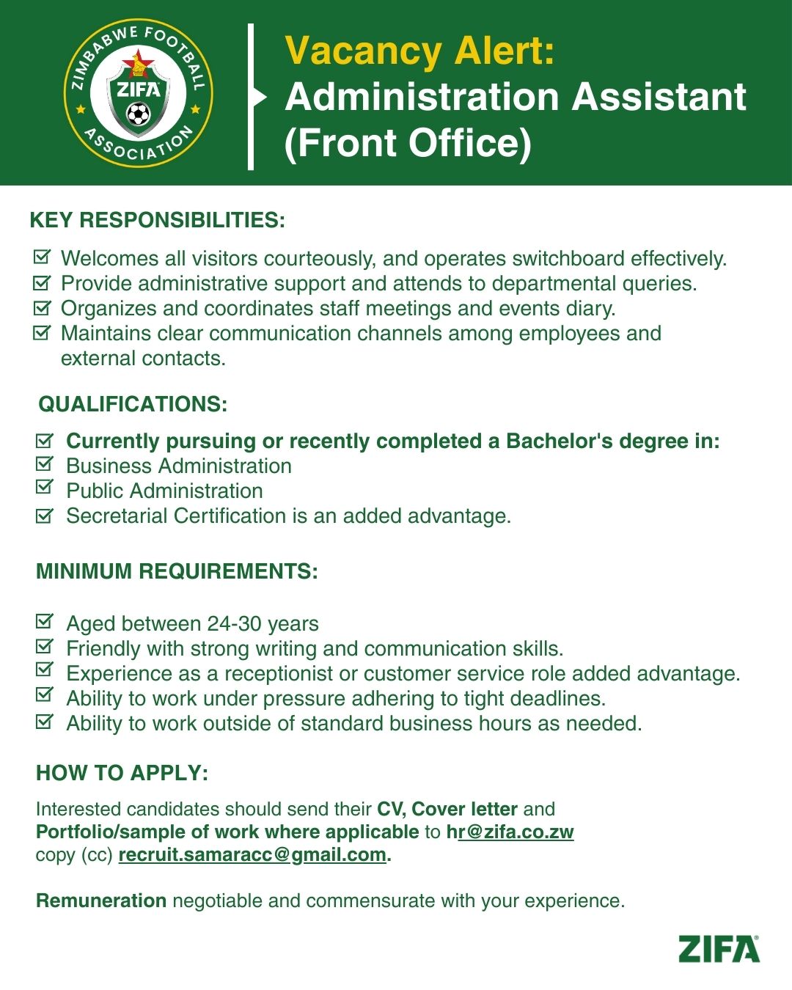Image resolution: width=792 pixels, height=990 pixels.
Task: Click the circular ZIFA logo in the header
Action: pos(138,93)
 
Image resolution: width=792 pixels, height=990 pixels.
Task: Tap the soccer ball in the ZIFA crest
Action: pos(138,114)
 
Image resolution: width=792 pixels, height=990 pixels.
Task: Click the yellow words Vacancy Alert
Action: pos(419,51)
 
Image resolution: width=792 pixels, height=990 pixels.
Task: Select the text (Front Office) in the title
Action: pos(408,142)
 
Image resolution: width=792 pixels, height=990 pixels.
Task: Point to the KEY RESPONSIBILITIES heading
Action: pos(157,220)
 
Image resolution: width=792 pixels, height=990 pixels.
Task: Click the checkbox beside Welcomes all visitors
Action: pos(43,257)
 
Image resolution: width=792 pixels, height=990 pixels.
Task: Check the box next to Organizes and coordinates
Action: pos(43,307)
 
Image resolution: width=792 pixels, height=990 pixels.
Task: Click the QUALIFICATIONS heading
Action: pos(133,404)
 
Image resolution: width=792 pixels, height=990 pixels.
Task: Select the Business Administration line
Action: pos(179,466)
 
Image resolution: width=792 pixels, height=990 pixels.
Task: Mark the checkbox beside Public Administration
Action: pos(45,488)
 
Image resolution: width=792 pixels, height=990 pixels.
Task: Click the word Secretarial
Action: pos(117,516)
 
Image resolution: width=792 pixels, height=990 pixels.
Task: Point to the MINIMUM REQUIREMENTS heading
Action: pos(177,571)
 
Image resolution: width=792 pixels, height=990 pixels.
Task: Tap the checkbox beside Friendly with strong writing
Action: pos(45,647)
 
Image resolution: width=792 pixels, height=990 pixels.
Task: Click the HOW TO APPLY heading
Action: pos(122,773)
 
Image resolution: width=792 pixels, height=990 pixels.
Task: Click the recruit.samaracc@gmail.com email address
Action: pos(252,855)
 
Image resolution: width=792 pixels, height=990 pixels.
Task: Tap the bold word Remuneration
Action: pos(101,901)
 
